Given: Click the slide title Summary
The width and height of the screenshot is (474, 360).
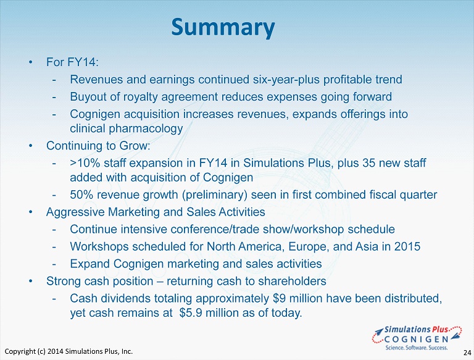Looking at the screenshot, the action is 223,28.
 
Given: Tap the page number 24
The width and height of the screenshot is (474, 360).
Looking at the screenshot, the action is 467,353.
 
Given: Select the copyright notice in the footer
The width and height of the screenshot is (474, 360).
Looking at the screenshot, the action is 69,351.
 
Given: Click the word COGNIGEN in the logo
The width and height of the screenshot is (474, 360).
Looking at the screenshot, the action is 417,339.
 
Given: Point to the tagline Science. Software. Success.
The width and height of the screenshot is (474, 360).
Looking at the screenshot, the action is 417,347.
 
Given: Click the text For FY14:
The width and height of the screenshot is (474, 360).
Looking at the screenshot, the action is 73,62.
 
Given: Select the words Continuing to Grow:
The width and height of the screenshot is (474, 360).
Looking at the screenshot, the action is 98,146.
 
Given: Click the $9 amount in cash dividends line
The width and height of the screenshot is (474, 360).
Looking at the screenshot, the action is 280,298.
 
